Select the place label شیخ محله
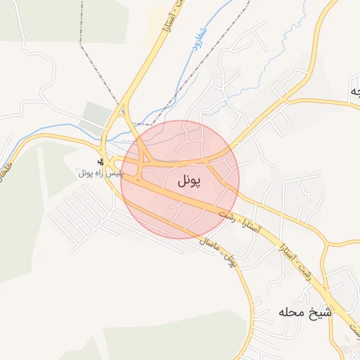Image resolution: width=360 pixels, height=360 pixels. (x=304, y=311)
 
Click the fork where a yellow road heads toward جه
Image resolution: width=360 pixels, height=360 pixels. (x=288, y=101)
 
